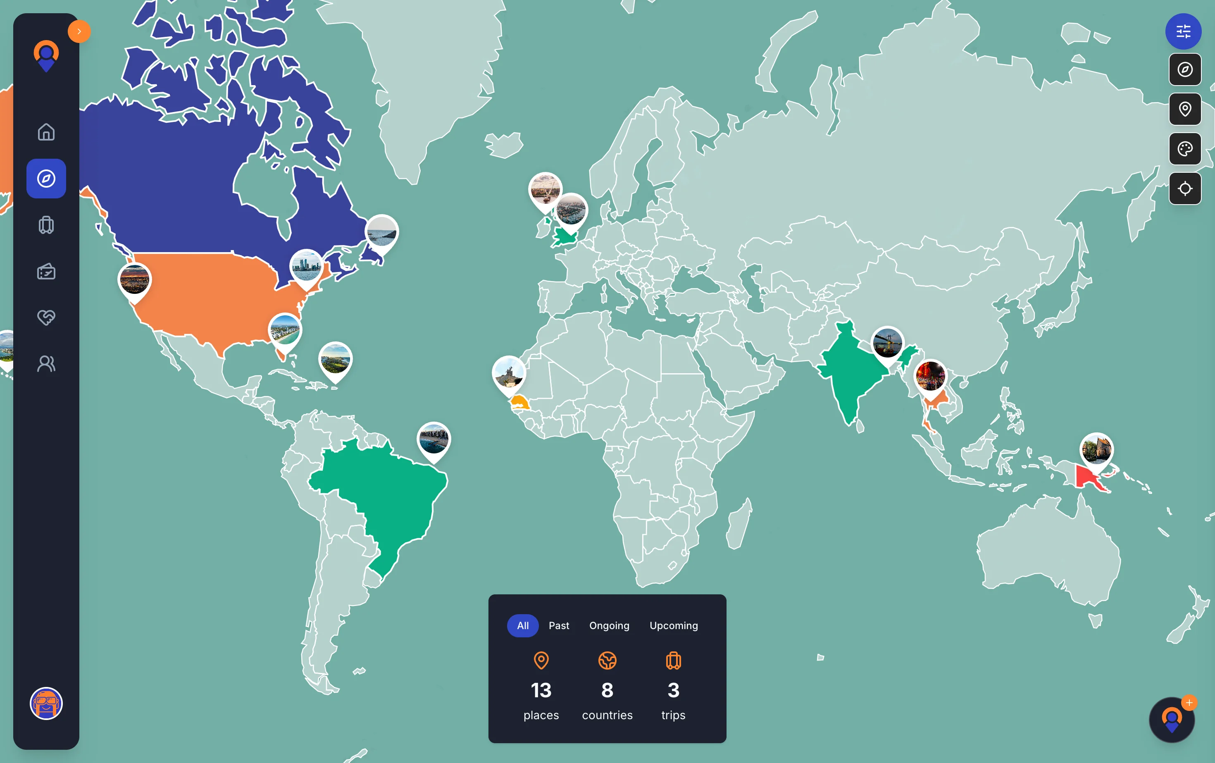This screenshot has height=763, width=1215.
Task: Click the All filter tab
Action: click(x=523, y=626)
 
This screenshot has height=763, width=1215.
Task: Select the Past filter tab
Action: click(x=559, y=626)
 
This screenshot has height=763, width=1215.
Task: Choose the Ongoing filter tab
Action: click(x=609, y=626)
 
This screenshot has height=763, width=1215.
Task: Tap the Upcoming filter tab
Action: click(x=674, y=626)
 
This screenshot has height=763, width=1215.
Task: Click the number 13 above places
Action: click(x=541, y=690)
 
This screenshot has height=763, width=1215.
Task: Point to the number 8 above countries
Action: click(x=607, y=690)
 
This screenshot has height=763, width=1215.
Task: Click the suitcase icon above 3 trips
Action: click(x=673, y=660)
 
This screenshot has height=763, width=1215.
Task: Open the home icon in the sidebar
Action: click(x=46, y=132)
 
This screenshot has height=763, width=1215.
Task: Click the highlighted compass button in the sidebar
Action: click(x=46, y=179)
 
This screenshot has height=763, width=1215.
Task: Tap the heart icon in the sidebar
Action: click(x=46, y=317)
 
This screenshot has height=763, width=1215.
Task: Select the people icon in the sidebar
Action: click(x=46, y=364)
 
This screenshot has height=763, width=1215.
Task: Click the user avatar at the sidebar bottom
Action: click(x=46, y=703)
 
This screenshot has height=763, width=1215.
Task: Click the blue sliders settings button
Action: click(x=1183, y=31)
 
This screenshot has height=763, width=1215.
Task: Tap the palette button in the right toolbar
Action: click(x=1185, y=149)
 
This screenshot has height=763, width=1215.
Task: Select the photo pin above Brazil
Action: click(x=434, y=439)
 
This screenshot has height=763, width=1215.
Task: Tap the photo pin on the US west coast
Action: click(x=134, y=280)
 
